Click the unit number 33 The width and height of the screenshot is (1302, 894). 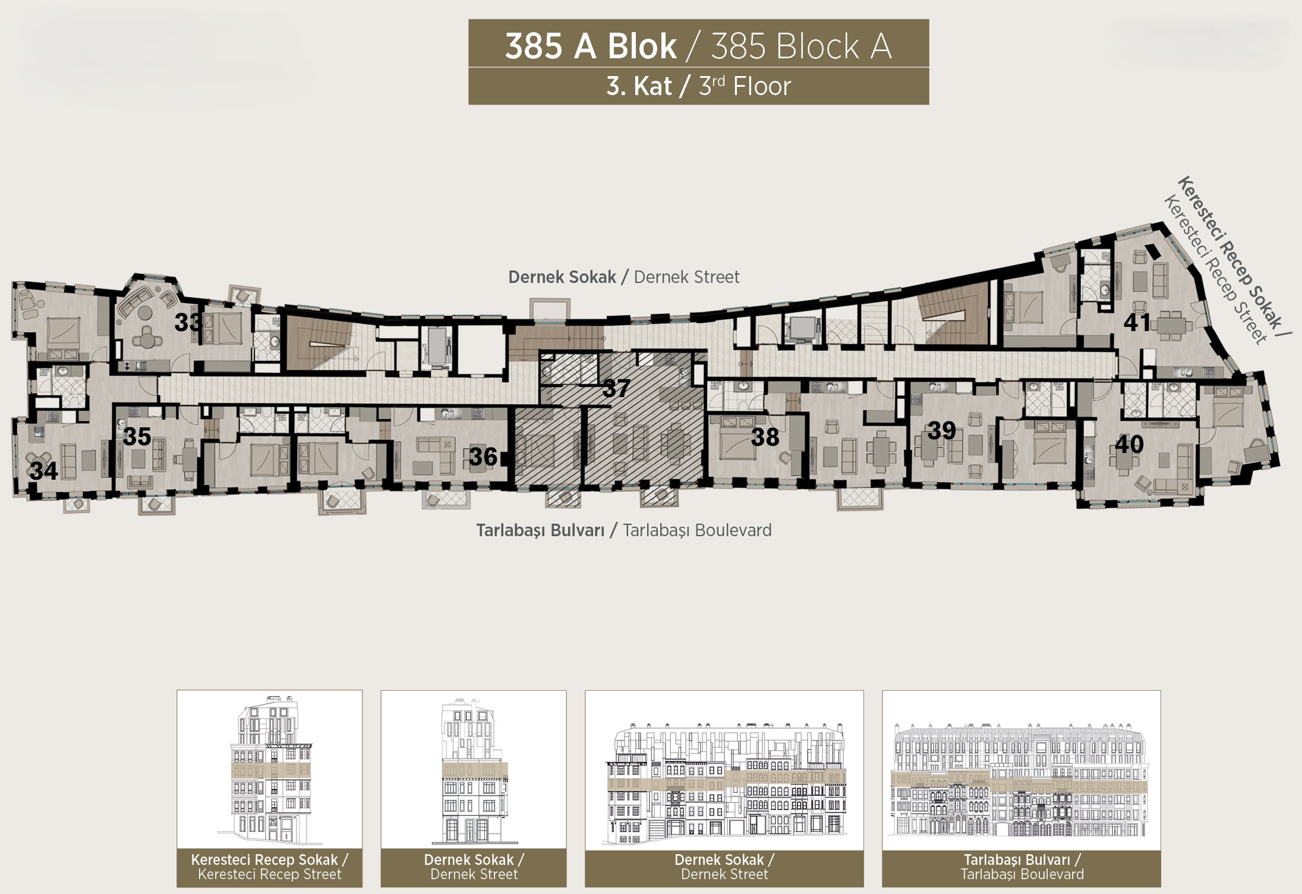tap(189, 322)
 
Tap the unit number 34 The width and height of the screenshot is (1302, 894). tap(44, 471)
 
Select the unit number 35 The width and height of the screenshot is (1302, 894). tap(137, 436)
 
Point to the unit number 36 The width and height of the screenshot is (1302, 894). tap(483, 457)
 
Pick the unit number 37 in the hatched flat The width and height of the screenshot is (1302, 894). tap(616, 389)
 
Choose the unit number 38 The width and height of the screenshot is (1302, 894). tap(765, 437)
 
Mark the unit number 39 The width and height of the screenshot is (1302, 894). tap(942, 430)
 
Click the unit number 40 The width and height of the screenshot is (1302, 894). tap(1129, 444)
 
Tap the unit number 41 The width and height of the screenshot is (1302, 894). tap(1137, 322)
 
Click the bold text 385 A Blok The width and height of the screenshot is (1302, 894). tap(591, 46)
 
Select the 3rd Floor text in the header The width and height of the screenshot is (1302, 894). tap(745, 87)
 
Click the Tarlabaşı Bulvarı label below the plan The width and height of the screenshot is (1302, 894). tap(540, 530)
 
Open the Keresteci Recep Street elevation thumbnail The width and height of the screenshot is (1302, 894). tap(269, 770)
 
